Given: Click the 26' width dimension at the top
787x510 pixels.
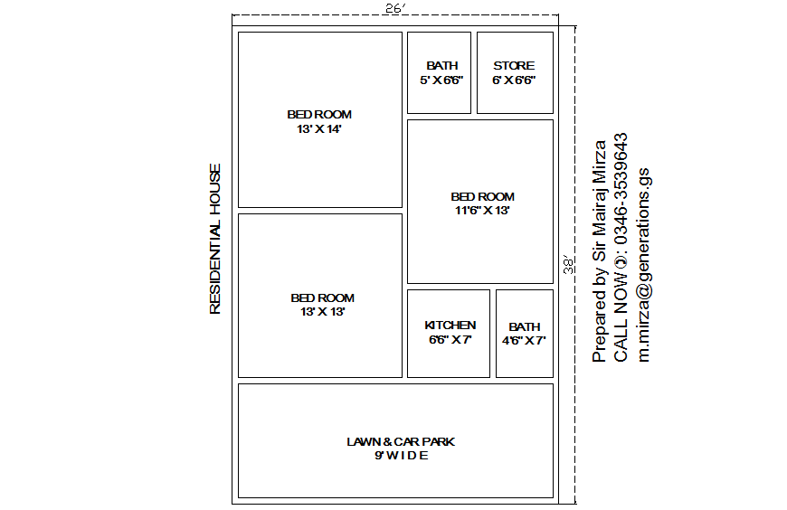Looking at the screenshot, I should coord(394,8).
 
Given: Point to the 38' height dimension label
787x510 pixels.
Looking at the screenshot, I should coord(569,264).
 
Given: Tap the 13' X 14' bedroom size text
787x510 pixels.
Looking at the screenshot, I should coord(318,129).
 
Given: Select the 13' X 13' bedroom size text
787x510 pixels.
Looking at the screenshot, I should coord(322,312).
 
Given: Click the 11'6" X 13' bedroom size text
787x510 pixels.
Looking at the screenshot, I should coord(482,211).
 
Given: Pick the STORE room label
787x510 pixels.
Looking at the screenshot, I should coord(514,65).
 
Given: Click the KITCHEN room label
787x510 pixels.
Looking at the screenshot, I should coord(450,326).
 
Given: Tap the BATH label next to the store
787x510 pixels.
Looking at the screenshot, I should coord(442,65).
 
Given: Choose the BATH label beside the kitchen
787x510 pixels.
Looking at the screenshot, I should coord(524,326).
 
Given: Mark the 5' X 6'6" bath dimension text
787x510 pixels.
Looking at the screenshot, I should coord(441,80).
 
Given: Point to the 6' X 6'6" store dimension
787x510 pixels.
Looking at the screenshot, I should coord(514,80).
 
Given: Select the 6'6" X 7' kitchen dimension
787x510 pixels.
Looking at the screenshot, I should coord(450,340).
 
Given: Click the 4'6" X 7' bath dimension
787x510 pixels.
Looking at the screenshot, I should coord(524,341).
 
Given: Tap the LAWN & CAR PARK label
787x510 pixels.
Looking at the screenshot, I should coord(401,441).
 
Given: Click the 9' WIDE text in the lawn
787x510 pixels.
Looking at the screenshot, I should coord(401,456).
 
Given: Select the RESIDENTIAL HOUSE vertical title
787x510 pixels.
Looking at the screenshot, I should coord(215,239).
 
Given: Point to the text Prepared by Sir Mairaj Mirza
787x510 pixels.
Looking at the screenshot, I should coord(599,251).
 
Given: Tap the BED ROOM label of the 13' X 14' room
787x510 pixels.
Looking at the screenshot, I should coord(319,115).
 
